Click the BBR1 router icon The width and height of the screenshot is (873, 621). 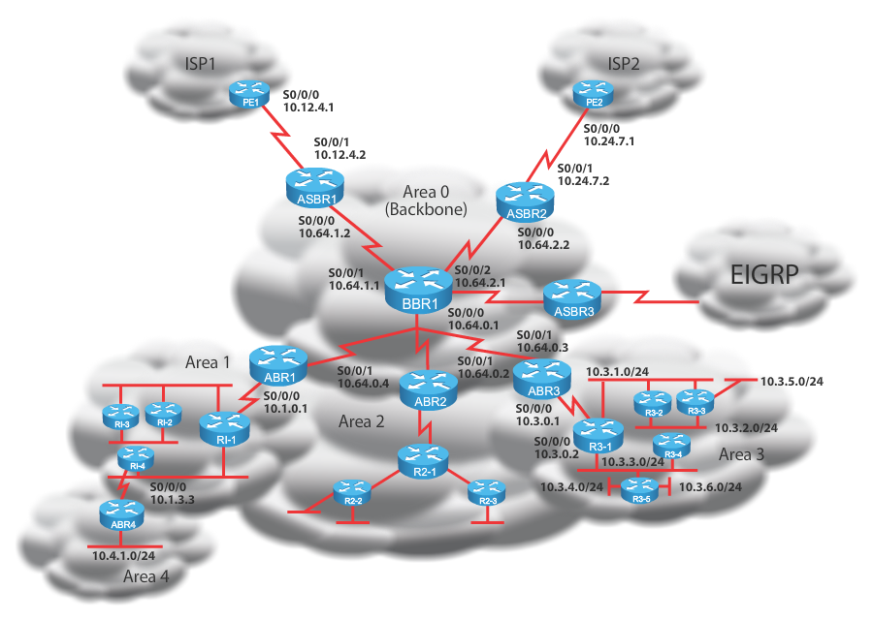[418, 287]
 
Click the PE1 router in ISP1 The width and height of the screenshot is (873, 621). [248, 93]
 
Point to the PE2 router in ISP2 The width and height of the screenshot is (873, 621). [594, 93]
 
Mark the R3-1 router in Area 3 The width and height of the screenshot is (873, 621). [599, 433]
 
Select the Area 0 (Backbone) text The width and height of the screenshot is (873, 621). [426, 201]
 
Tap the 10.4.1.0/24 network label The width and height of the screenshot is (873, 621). [124, 556]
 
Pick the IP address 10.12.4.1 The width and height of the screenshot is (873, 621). [307, 109]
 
